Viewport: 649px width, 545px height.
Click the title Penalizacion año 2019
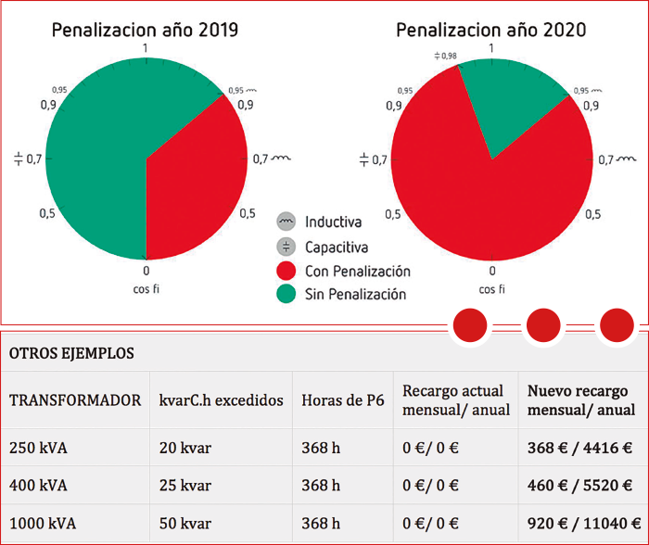[x=145, y=30]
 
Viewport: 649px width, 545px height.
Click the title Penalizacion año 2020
[x=490, y=30]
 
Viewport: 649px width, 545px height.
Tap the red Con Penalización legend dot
[x=286, y=272]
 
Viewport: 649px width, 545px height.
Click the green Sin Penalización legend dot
[x=286, y=295]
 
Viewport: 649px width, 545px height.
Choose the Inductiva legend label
[x=333, y=222]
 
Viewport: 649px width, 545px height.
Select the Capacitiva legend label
[x=337, y=247]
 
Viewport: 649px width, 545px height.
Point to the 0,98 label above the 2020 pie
[x=446, y=57]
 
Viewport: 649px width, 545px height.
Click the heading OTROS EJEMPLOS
[x=71, y=353]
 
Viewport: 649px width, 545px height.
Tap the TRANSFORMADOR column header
[x=75, y=400]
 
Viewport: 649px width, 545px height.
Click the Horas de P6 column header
[x=342, y=400]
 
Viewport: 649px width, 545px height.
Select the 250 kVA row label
[x=38, y=449]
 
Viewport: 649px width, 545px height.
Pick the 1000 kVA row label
[x=42, y=523]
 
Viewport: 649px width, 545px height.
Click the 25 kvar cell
[x=185, y=485]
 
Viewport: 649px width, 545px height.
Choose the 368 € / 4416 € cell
[x=580, y=449]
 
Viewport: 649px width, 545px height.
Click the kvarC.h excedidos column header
[x=221, y=400]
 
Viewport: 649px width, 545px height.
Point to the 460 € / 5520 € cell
[x=580, y=485]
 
